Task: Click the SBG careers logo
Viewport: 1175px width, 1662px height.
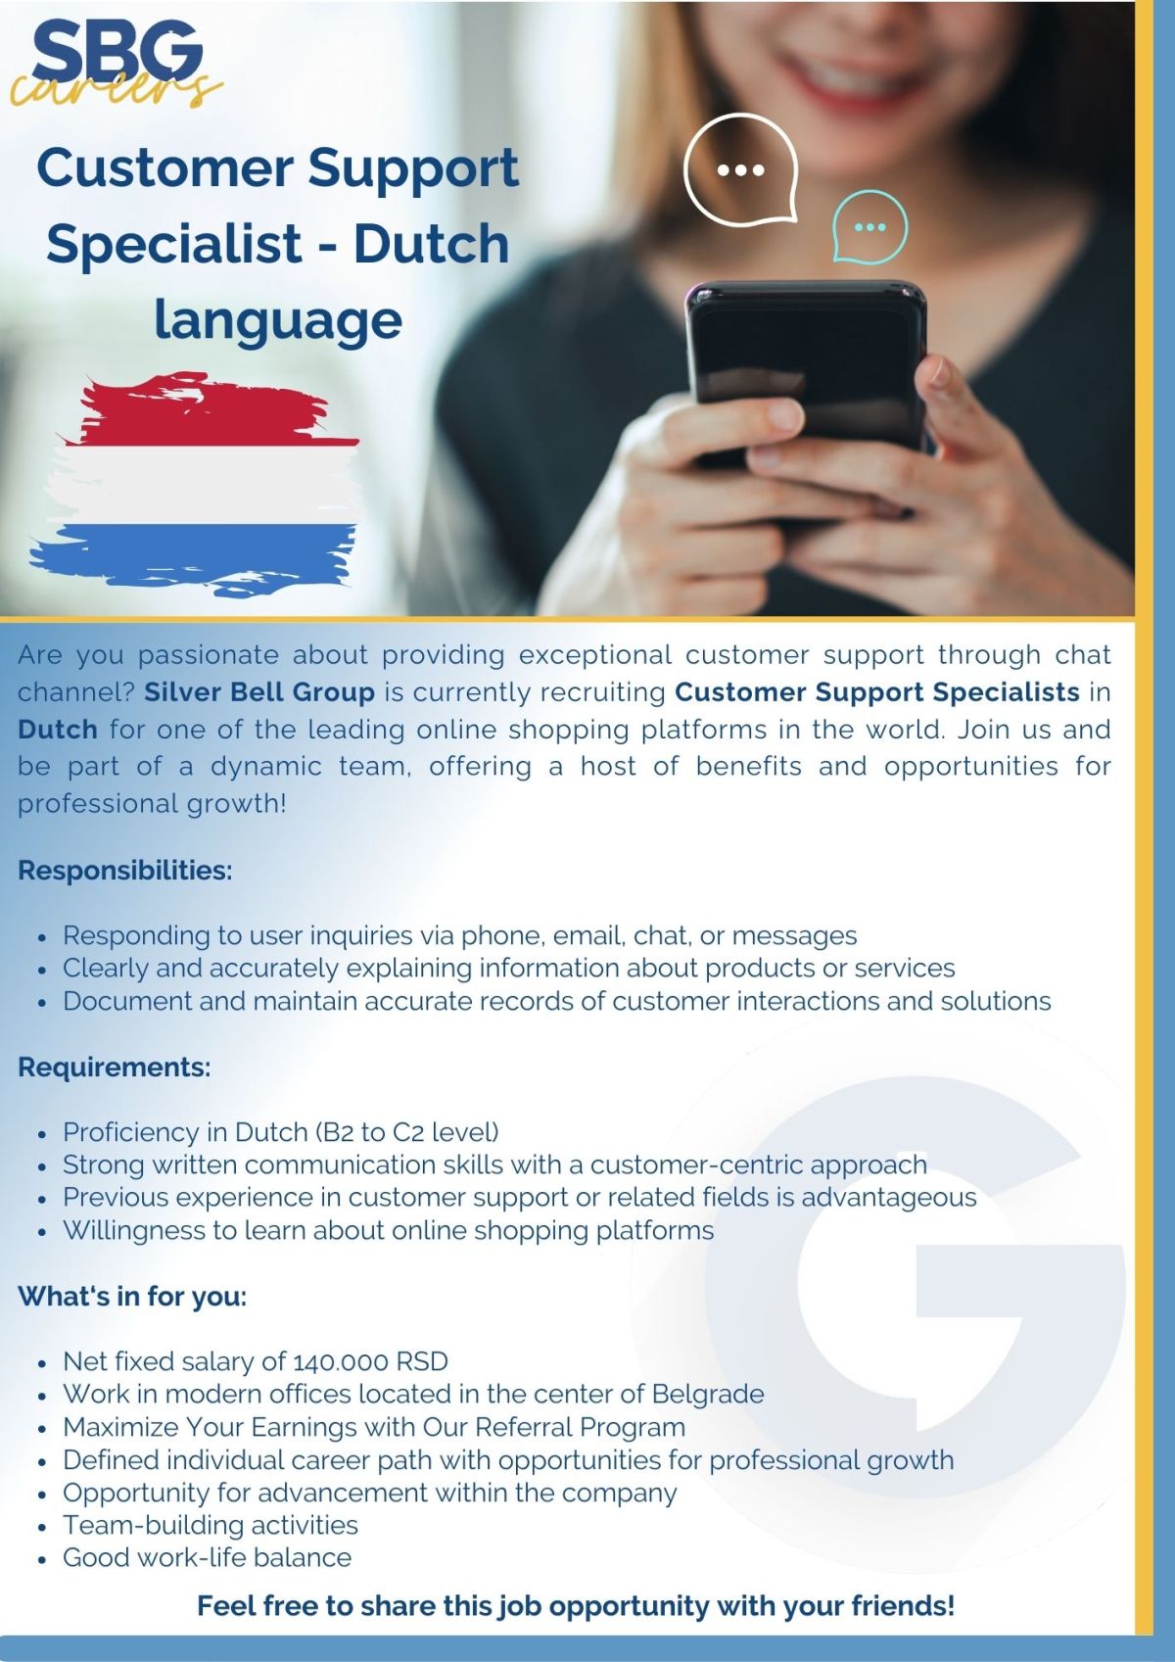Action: tap(115, 63)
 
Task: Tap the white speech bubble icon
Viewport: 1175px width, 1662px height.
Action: tap(740, 169)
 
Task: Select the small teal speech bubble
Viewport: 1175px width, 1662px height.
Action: tap(870, 226)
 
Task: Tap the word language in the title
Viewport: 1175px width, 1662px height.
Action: tap(278, 320)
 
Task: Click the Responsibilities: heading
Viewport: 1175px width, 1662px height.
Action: tap(125, 870)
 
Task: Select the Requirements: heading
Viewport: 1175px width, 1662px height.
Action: tap(115, 1067)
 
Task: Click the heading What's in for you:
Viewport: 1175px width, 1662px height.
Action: tap(132, 1296)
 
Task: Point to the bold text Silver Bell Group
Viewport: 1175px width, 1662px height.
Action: tap(259, 691)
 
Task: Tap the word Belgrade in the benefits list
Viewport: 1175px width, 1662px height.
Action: tap(708, 1395)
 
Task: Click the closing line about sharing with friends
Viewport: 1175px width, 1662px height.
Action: tap(576, 1605)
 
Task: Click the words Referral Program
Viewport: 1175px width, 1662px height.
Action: tap(580, 1428)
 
